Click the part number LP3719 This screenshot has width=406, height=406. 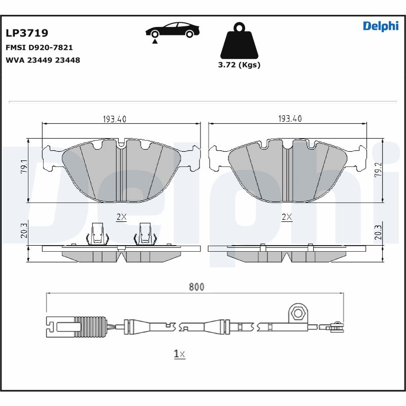27,33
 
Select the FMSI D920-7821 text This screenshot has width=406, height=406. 39,48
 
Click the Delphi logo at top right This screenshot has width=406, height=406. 381,26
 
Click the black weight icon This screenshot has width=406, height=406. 239,41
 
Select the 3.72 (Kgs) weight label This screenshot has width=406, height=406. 239,65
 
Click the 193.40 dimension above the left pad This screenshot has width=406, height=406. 114,119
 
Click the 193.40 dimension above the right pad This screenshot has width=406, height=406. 290,119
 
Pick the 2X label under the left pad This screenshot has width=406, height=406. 121,217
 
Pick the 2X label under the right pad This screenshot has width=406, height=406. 287,217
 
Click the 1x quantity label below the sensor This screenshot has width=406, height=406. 180,354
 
